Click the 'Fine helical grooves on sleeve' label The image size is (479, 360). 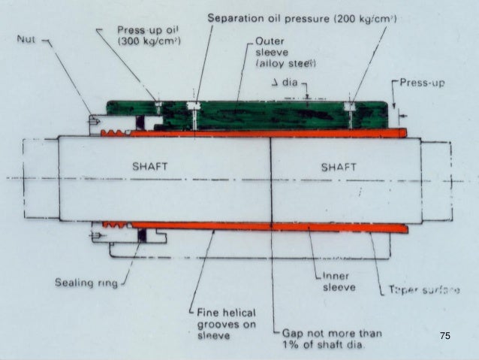click(x=225, y=324)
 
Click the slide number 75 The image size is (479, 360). click(x=444, y=337)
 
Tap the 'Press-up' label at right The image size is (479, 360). click(x=423, y=83)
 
